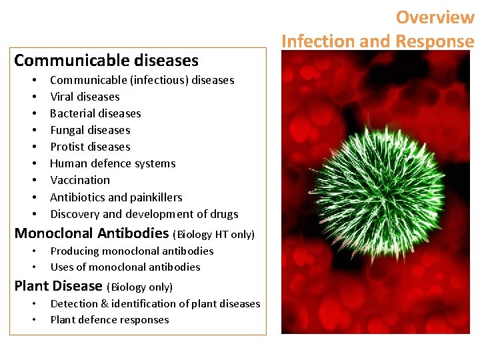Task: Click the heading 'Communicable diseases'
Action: point(106,61)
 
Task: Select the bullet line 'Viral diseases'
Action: point(85,97)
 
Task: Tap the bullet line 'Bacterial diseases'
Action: point(95,113)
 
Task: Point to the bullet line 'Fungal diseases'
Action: point(90,130)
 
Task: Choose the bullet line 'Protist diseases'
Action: point(90,147)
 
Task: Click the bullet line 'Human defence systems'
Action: point(113,163)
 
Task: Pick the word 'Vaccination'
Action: point(80,180)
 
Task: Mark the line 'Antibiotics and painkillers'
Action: point(116,197)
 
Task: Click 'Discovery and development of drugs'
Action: point(144,214)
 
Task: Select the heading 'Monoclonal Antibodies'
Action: point(91,233)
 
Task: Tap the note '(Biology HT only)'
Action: point(213,235)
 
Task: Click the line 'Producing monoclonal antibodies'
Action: point(132,251)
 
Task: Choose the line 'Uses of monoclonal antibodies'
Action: point(125,267)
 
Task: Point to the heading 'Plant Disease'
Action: point(58,286)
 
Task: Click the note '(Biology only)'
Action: point(139,287)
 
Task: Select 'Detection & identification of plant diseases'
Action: point(155,304)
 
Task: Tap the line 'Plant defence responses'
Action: point(109,320)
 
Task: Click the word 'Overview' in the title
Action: point(435,17)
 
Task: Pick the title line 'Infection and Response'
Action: point(377,41)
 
